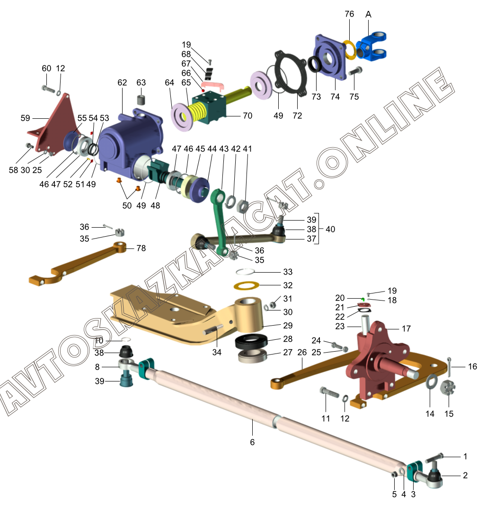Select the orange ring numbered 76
point(350,50)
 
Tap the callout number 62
point(123,83)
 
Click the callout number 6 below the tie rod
point(252,442)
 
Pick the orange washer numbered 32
point(247,286)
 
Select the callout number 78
point(141,248)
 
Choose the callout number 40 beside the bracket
point(330,229)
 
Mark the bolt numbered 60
point(48,88)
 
